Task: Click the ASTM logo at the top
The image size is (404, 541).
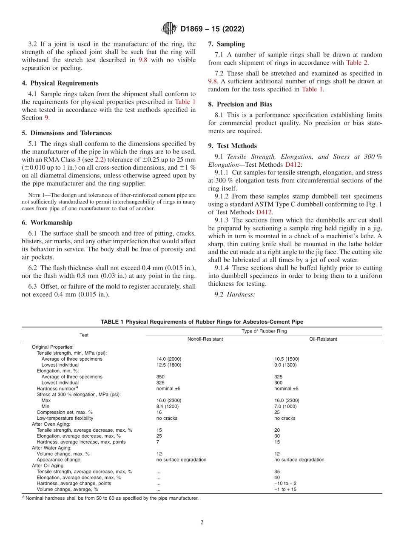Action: coord(170,29)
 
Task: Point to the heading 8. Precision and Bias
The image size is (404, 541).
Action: coord(240,104)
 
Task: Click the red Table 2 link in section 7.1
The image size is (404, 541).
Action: coord(357,63)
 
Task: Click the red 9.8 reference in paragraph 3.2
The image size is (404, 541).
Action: coord(143,60)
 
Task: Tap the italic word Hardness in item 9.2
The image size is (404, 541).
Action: coord(241,294)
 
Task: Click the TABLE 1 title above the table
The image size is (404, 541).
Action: coord(202,322)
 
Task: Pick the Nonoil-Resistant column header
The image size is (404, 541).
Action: coord(205,339)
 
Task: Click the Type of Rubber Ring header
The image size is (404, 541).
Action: coord(264,331)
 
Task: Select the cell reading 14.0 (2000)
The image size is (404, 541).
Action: coord(169,359)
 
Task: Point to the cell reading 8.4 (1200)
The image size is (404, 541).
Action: coord(168,406)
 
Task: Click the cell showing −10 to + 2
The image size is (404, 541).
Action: coord(285,483)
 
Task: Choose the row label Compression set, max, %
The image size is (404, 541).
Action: coord(65,412)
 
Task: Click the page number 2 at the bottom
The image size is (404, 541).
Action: coord(202,522)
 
